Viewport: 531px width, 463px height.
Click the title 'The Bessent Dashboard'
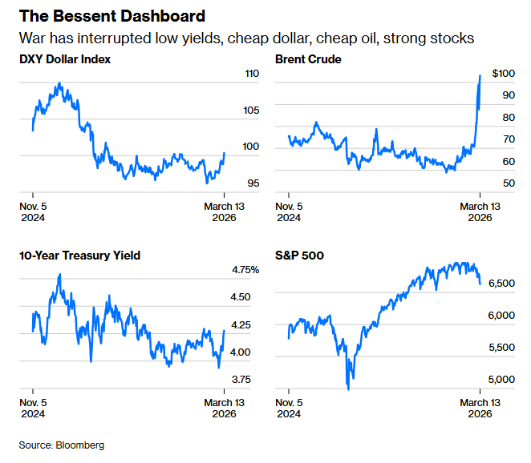click(111, 16)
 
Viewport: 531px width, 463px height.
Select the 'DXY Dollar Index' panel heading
click(65, 59)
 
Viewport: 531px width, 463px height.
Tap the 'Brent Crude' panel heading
click(308, 59)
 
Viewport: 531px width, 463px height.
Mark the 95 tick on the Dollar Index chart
click(231, 183)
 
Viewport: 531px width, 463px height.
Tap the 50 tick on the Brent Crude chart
click(486, 183)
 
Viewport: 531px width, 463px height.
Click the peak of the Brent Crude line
click(480, 76)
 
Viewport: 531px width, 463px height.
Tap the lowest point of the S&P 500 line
click(348, 389)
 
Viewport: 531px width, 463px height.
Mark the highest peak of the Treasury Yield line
click(59, 275)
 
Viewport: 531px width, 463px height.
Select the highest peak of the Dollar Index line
click(59, 83)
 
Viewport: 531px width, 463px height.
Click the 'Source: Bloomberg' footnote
click(62, 445)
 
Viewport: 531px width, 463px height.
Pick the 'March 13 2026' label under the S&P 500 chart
click(479, 408)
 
